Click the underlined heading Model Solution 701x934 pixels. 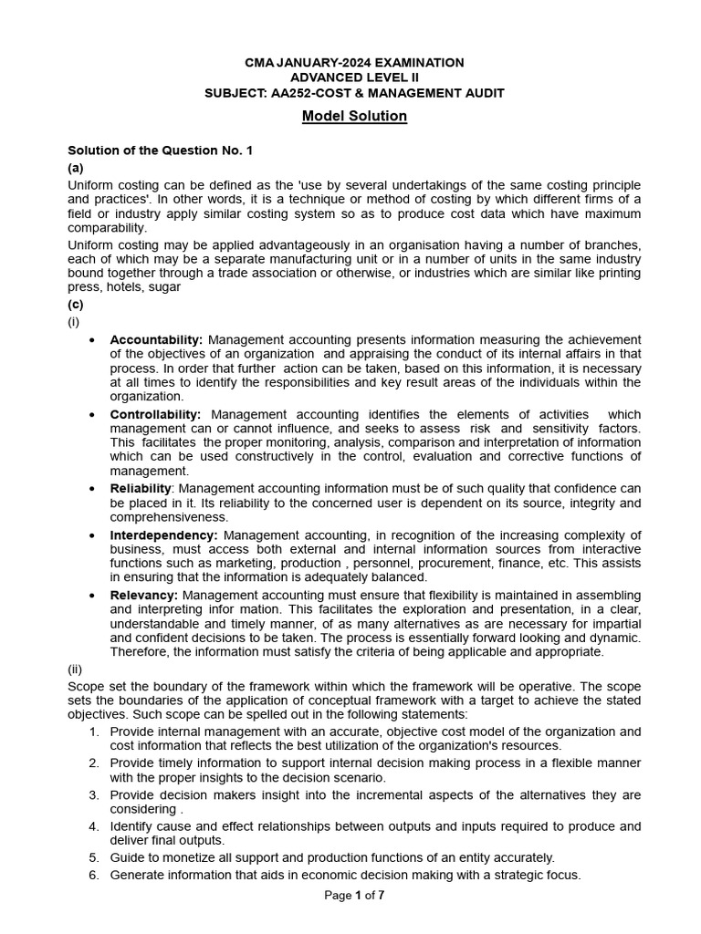(x=355, y=117)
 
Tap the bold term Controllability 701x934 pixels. (x=155, y=414)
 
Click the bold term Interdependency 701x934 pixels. (x=163, y=534)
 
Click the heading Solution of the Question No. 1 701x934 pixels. (x=160, y=150)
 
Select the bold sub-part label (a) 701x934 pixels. (x=76, y=169)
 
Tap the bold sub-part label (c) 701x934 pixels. (x=76, y=304)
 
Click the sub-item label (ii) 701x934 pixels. (x=76, y=669)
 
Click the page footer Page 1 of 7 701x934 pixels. (x=354, y=896)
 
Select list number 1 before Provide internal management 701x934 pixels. (x=93, y=732)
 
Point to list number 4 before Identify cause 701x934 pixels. (x=93, y=826)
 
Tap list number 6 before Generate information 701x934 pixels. (x=93, y=875)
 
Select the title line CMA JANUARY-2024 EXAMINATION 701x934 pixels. (x=354, y=62)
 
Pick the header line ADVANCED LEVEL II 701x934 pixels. (x=354, y=78)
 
